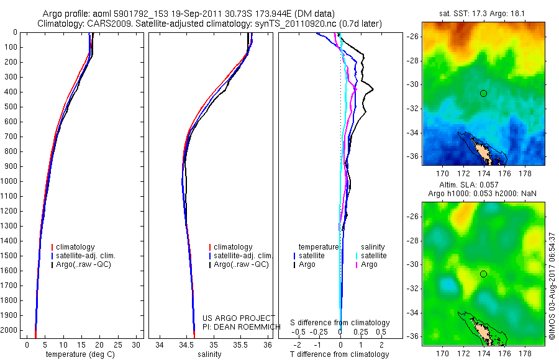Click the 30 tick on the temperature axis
pyautogui.click(x=136, y=344)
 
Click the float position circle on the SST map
pyautogui.click(x=483, y=93)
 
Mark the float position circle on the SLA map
pyautogui.click(x=483, y=274)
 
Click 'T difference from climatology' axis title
pyautogui.click(x=339, y=354)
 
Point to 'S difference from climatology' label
pyautogui.click(x=340, y=323)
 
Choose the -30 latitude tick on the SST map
pyautogui.click(x=413, y=84)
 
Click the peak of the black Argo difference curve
pyautogui.click(x=373, y=91)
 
